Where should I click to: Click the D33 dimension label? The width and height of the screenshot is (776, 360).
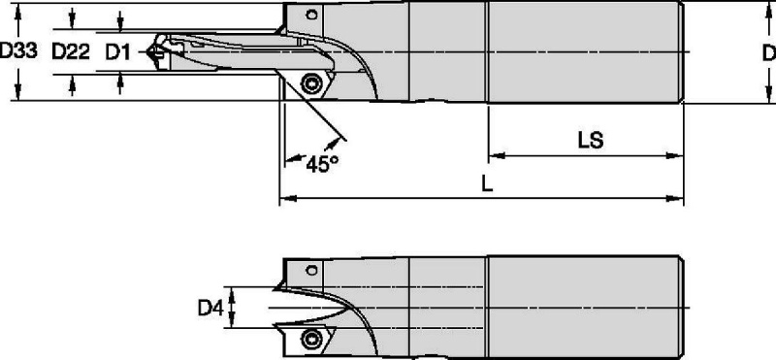pos(18,50)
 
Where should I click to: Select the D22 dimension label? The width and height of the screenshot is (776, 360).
pos(71,51)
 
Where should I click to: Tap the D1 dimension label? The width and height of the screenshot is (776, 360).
pos(117,51)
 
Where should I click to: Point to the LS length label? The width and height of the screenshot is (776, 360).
pos(591,141)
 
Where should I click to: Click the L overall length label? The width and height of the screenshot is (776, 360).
pos(488,184)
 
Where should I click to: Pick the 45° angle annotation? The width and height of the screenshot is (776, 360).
pos(322,164)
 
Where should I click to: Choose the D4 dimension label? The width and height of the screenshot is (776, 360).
pos(210,309)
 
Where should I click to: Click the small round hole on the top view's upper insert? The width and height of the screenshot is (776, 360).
pos(311,15)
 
